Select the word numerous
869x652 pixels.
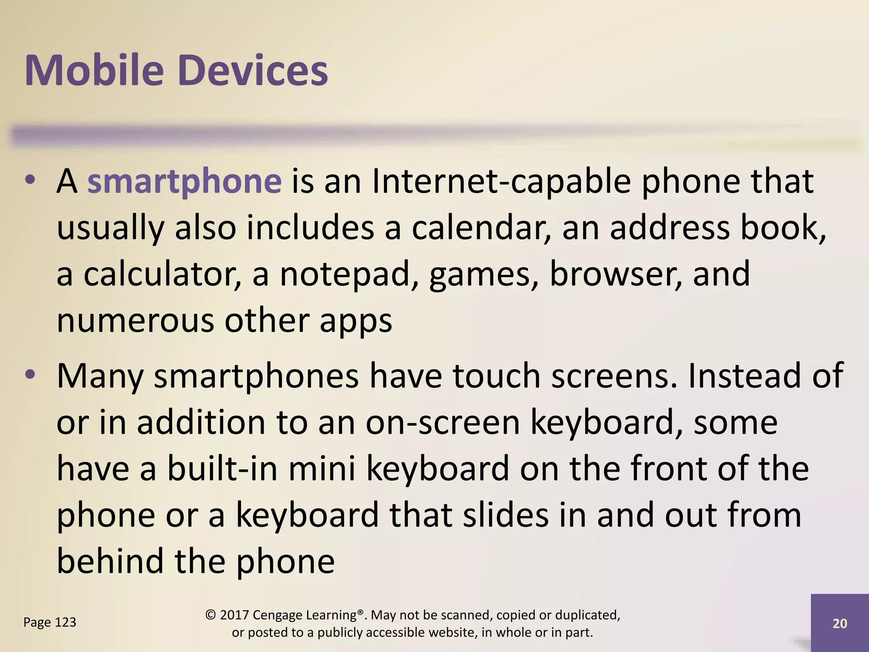tap(135, 321)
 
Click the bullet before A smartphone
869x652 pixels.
tap(30, 180)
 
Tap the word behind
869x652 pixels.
tap(110, 561)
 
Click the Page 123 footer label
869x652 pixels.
tap(50, 622)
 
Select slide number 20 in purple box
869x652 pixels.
tap(840, 624)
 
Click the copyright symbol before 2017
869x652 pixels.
tap(211, 615)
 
